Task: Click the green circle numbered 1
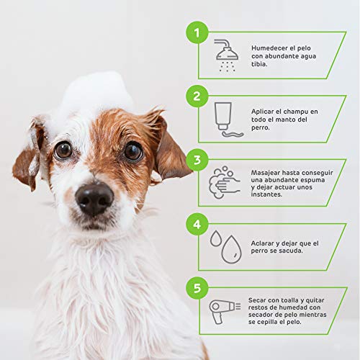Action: [197, 32]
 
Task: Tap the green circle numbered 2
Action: [197, 96]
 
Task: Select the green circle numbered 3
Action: [197, 160]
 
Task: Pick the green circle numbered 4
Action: [197, 224]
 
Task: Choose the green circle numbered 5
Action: [197, 288]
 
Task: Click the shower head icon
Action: [226, 55]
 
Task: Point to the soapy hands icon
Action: [225, 182]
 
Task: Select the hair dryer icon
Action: [225, 312]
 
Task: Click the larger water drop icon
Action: [231, 250]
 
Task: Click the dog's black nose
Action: [94, 199]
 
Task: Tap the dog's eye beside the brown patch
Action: [133, 152]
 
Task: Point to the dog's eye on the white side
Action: [63, 150]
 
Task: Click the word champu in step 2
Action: [296, 112]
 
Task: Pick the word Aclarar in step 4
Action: [262, 243]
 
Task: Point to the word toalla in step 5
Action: [289, 300]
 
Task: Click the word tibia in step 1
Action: [259, 64]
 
